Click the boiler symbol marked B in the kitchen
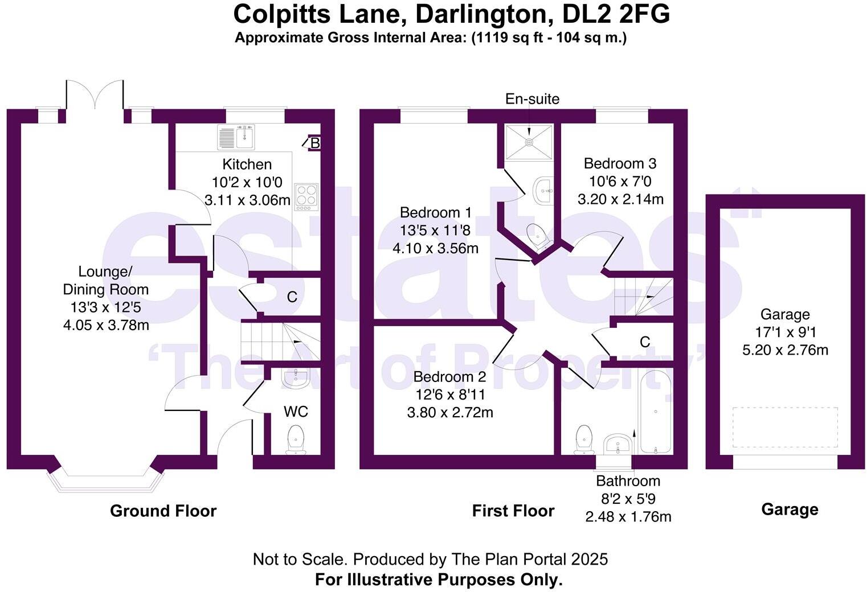314,143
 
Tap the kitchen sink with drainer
236,137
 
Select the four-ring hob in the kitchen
306,196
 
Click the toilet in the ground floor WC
296,439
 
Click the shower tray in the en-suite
529,141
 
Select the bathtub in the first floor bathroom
656,411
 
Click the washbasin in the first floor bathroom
617,443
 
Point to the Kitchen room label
247,165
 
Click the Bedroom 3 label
620,164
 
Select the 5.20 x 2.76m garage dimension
785,350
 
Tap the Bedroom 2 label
450,377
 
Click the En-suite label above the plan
532,99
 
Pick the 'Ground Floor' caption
163,511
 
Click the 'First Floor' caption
513,511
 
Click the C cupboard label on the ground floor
292,297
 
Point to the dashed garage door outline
785,427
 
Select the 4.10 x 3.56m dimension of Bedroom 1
435,248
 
